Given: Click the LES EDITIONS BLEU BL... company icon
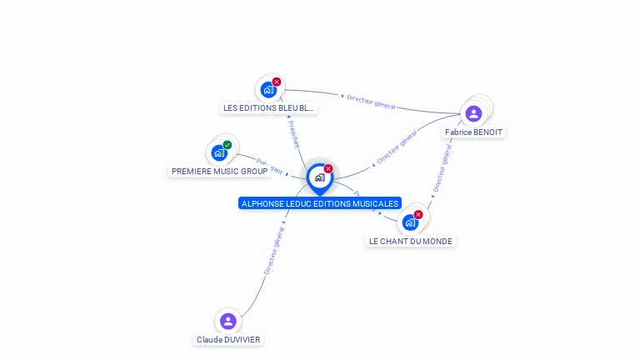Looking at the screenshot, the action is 268,89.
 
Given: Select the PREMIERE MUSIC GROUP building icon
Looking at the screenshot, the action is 219,152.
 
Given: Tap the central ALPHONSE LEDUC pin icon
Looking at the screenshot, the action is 319,177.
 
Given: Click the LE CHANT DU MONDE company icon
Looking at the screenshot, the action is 410,222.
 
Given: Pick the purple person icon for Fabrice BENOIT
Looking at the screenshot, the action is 474,113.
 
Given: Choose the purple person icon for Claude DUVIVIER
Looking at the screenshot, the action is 228,321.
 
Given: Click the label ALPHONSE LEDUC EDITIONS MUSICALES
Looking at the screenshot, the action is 320,203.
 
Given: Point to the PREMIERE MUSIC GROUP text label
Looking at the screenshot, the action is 220,172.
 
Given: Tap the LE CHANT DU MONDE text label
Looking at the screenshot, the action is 411,241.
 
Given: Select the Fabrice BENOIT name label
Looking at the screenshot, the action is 473,132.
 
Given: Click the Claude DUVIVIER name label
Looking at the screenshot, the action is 228,340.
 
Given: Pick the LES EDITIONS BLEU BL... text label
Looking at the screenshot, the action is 269,108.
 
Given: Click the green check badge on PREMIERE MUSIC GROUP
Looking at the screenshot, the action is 227,145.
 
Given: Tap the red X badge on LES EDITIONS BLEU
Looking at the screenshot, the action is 277,82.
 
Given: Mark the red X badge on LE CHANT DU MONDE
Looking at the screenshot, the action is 418,214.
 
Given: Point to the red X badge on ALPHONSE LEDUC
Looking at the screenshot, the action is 328,168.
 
